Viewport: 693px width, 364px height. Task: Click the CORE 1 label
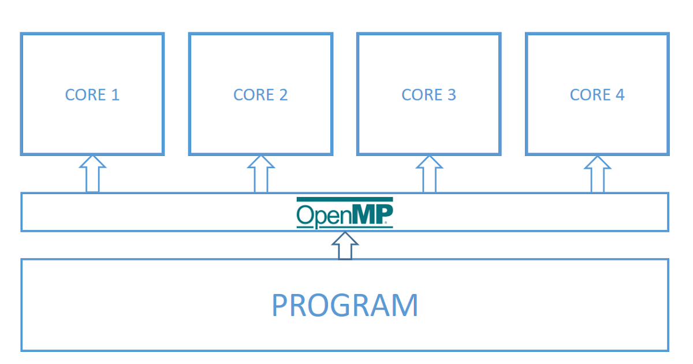coord(92,95)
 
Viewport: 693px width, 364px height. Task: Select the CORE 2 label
coord(260,95)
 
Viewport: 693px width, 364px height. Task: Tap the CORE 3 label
coord(429,95)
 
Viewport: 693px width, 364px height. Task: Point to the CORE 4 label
coord(597,95)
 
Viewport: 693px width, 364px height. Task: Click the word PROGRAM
coord(345,306)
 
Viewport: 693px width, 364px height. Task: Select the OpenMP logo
coord(345,213)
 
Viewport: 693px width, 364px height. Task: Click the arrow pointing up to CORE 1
coord(92,174)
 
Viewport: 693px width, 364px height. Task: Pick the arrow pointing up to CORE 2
coord(260,174)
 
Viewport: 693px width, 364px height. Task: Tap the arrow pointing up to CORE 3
coord(429,174)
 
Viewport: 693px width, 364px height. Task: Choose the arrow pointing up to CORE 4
coord(597,174)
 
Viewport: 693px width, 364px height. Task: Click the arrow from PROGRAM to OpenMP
coord(345,246)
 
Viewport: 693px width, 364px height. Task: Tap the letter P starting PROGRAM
coord(281,306)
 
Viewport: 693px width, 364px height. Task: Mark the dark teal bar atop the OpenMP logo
coord(345,199)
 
